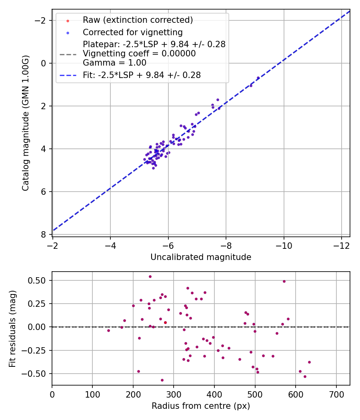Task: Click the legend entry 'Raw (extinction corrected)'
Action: (138, 20)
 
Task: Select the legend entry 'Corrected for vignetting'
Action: (132, 32)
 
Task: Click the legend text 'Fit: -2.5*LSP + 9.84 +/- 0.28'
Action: (142, 75)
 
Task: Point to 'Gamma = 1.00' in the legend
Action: (114, 63)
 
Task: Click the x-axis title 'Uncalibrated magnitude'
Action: (201, 257)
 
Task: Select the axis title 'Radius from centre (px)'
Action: (201, 406)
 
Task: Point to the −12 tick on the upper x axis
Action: (341, 244)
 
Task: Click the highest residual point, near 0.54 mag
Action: (150, 276)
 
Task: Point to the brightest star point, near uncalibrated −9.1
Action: (258, 78)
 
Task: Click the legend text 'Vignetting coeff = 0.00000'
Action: (139, 54)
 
